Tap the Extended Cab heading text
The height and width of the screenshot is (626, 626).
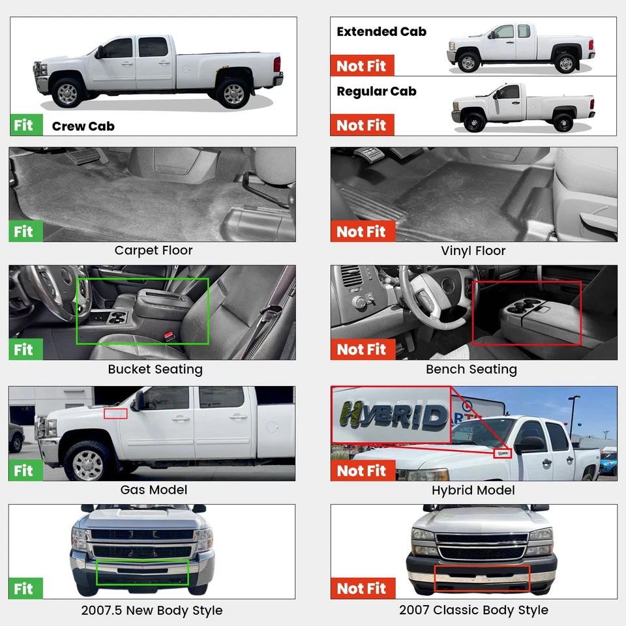[x=381, y=31]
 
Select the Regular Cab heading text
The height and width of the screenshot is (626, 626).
[x=376, y=91]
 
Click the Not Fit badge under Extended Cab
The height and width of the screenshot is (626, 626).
[x=361, y=66]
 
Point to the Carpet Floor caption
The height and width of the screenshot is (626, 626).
[x=153, y=250]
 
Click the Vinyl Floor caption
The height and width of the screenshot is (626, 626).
[x=473, y=250]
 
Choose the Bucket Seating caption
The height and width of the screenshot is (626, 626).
[x=155, y=369]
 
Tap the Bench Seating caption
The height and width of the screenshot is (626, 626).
[x=471, y=369]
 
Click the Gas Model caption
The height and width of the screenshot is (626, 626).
[x=153, y=490]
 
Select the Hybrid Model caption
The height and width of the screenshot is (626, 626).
[x=473, y=490]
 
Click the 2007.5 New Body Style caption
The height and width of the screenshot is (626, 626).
[x=152, y=611]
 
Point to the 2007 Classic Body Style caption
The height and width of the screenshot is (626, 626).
[x=473, y=611]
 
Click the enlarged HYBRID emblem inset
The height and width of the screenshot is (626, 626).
[x=391, y=415]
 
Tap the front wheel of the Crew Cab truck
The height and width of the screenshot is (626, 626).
[x=67, y=93]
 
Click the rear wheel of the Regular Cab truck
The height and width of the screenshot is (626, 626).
[x=563, y=122]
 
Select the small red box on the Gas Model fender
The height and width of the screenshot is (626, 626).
[x=115, y=413]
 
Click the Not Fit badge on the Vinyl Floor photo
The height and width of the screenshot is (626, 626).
[x=361, y=231]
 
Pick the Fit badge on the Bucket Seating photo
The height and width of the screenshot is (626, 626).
[x=25, y=350]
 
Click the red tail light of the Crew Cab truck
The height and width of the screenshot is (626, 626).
[x=277, y=64]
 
